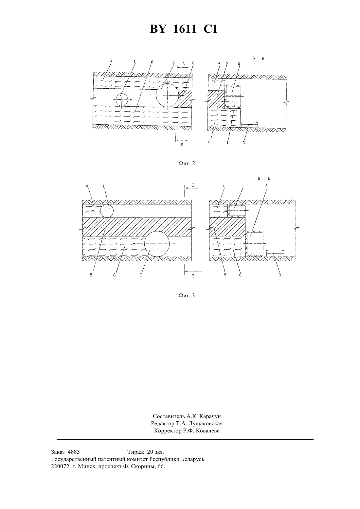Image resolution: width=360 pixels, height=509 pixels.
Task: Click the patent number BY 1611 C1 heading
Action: pyautogui.click(x=184, y=29)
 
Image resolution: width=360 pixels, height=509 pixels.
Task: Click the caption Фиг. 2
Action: pyautogui.click(x=187, y=163)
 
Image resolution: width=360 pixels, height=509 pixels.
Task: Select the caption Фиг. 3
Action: pyautogui.click(x=187, y=295)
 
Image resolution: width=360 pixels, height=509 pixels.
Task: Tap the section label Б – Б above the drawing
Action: pyautogui.click(x=258, y=59)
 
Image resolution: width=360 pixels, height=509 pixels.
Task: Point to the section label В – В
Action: pyautogui.click(x=264, y=178)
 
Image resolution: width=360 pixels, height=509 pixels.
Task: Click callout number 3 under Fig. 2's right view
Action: pyautogui.click(x=243, y=143)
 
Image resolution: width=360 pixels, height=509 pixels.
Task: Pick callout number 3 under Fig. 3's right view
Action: pyautogui.click(x=280, y=275)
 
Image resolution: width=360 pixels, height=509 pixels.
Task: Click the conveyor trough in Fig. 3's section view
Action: pyautogui.click(x=275, y=253)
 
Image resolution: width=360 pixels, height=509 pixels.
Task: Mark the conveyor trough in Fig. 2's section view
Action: pyautogui.click(x=249, y=125)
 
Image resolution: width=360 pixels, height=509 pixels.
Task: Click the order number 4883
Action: pyautogui.click(x=74, y=451)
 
